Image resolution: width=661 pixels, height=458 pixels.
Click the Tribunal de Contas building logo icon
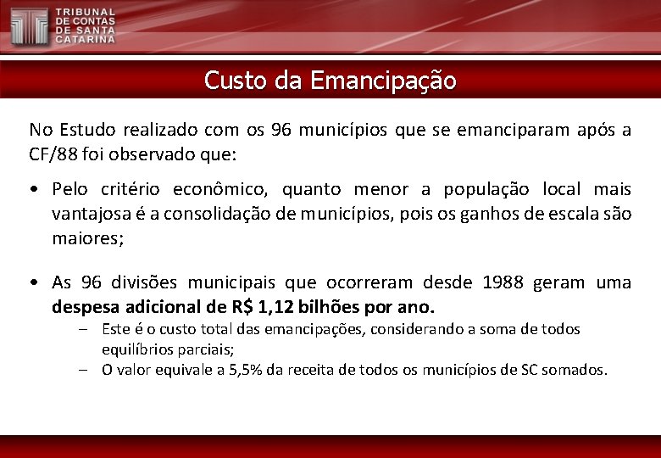30,25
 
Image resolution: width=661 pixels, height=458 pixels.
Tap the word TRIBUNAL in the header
86,14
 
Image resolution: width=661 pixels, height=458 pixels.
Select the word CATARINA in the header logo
86,39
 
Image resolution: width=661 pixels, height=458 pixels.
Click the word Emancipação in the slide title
383,81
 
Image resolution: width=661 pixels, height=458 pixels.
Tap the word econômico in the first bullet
219,189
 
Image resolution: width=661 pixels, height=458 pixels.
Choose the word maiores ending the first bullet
87,238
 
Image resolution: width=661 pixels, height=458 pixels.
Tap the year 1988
503,282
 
